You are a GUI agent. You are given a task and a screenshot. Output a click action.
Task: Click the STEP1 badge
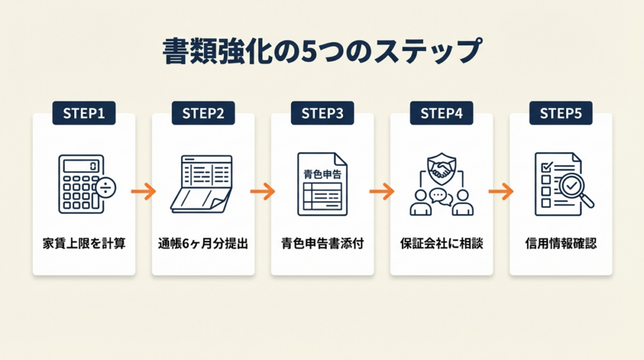pyautogui.click(x=84, y=113)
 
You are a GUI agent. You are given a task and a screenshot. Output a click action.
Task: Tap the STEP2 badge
pyautogui.click(x=203, y=113)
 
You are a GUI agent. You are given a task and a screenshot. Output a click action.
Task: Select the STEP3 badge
pyautogui.click(x=322, y=113)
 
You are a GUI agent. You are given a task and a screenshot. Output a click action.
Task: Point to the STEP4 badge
pyautogui.click(x=441, y=113)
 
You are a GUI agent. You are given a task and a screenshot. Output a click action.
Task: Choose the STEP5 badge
pyautogui.click(x=560, y=113)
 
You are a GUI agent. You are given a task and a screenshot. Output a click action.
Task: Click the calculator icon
pyautogui.click(x=84, y=183)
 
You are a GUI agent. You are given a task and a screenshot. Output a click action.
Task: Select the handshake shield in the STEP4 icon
pyautogui.click(x=441, y=167)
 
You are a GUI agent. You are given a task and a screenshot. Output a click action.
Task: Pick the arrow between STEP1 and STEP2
pyautogui.click(x=143, y=191)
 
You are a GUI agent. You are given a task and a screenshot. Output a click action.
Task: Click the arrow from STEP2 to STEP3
pyautogui.click(x=263, y=191)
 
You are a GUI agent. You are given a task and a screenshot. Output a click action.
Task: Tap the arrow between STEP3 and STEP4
pyautogui.click(x=382, y=191)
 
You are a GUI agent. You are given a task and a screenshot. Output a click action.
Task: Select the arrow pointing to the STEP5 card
pyautogui.click(x=501, y=191)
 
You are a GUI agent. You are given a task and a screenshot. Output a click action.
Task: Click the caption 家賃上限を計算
pyautogui.click(x=84, y=243)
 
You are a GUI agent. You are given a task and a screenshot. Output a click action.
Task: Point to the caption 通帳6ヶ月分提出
pyautogui.click(x=203, y=243)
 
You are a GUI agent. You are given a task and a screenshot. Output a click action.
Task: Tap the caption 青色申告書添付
pyautogui.click(x=322, y=243)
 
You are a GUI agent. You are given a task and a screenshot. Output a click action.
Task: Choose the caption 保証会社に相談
pyautogui.click(x=441, y=243)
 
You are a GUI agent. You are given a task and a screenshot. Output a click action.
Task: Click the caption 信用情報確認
pyautogui.click(x=560, y=243)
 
